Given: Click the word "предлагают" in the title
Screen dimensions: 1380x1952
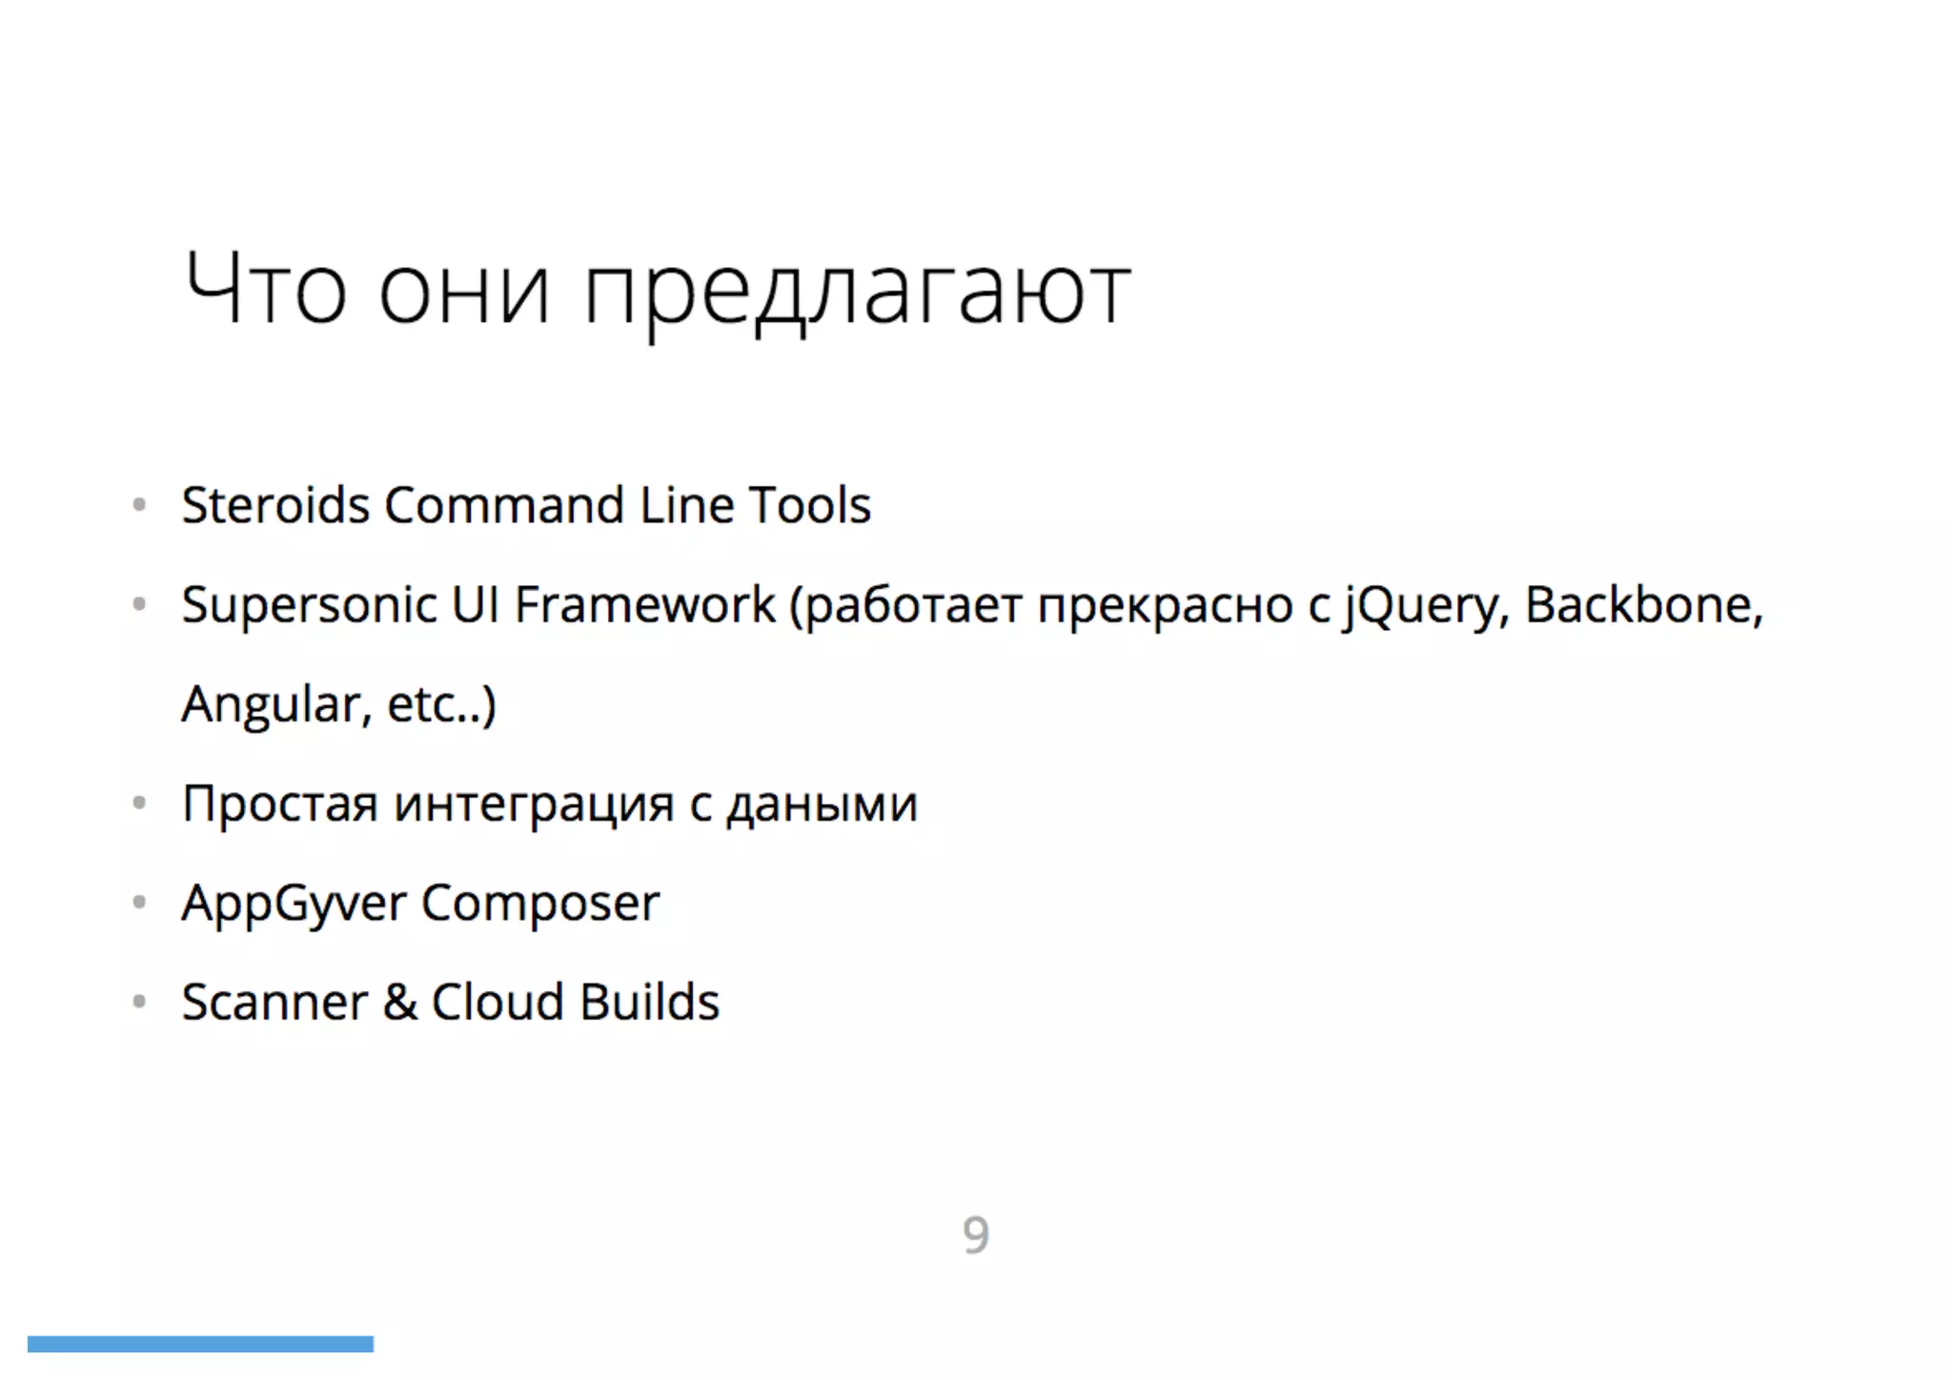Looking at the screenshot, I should tap(856, 292).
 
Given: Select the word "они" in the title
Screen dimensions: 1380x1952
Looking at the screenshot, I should tap(464, 292).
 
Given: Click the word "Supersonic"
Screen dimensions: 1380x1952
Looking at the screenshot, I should tap(309, 606).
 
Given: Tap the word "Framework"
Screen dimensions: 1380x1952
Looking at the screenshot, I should tap(644, 604).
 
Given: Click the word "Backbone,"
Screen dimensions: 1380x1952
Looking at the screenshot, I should tap(1644, 604).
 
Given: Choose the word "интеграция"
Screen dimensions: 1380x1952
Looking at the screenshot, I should tap(534, 805).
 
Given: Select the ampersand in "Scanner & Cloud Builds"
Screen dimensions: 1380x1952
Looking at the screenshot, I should tap(399, 1003).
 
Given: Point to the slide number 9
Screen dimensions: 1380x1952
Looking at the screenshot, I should tap(975, 1235).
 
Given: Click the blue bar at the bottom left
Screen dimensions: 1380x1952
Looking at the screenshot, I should tap(200, 1344).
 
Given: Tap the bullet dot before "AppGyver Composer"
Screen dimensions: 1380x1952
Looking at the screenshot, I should tap(139, 902).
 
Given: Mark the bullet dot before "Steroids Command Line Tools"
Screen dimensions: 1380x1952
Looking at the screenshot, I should tap(139, 504).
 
